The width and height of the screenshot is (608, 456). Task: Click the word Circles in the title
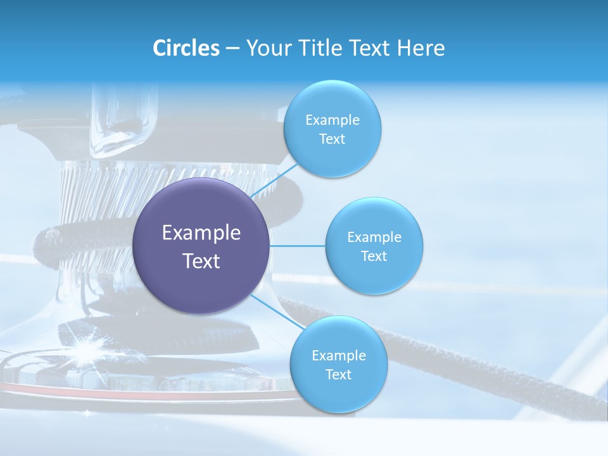(x=186, y=48)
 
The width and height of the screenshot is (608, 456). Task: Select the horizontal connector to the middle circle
(x=297, y=246)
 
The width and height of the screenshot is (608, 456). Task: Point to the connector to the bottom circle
(x=277, y=311)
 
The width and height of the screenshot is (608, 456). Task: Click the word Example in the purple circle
(x=201, y=233)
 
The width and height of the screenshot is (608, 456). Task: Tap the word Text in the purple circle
(x=201, y=261)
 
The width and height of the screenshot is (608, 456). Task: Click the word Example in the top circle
(x=332, y=120)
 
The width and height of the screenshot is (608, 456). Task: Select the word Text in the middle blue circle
(x=374, y=256)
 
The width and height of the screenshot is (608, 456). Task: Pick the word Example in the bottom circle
(x=338, y=356)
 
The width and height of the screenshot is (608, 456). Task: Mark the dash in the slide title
(x=232, y=49)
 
